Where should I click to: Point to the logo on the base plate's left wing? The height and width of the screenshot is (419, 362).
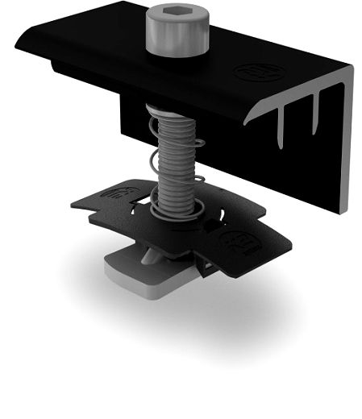click(119, 193)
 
